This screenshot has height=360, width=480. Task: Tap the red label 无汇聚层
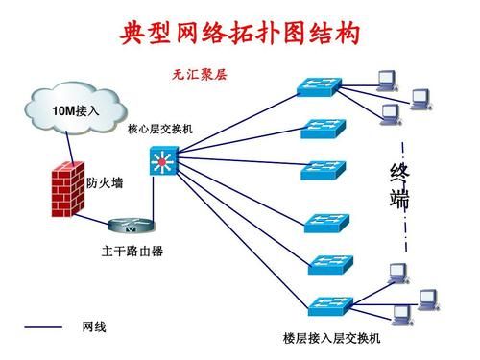[198, 74]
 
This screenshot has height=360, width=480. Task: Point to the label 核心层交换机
[160, 129]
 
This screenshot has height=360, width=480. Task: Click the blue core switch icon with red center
[164, 162]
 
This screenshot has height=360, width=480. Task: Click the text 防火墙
[104, 182]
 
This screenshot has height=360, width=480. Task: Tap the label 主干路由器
[132, 252]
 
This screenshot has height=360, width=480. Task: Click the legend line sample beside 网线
[42, 328]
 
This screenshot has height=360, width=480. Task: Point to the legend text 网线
[94, 328]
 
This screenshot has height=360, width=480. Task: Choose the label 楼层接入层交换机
[331, 338]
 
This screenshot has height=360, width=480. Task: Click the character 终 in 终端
[400, 174]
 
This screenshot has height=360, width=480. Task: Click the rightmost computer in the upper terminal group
[421, 97]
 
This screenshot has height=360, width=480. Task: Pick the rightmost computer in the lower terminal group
[427, 293]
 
